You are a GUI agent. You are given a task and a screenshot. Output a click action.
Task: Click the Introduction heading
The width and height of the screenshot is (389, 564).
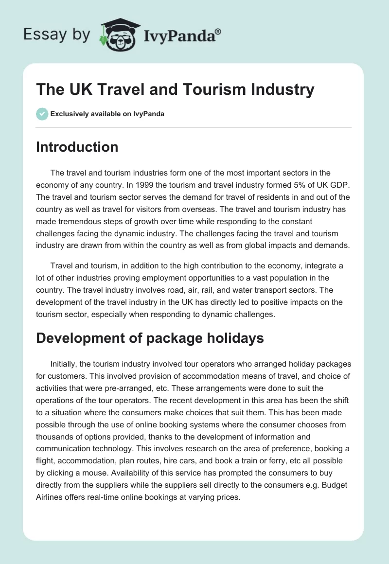(77, 147)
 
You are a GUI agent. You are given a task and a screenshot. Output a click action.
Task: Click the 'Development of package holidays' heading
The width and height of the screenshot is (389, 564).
(150, 338)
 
